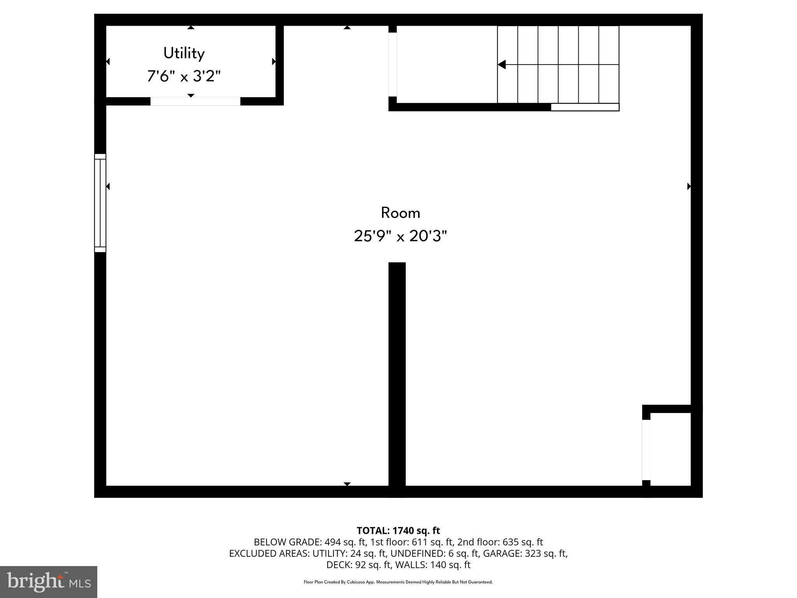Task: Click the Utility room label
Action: (x=184, y=53)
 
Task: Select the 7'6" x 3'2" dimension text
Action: (x=184, y=76)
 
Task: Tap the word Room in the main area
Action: (x=400, y=213)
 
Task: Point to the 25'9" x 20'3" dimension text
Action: (x=400, y=236)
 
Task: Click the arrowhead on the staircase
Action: (x=502, y=65)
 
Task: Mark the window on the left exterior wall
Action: (x=100, y=203)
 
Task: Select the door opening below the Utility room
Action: (x=195, y=101)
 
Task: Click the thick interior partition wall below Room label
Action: (x=397, y=374)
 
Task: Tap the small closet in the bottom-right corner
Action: (x=670, y=449)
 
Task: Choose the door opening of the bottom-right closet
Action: (x=646, y=450)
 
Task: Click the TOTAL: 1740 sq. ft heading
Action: (x=398, y=531)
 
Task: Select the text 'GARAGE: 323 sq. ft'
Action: (x=525, y=553)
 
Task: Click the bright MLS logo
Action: (x=49, y=582)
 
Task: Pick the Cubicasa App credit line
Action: (x=398, y=582)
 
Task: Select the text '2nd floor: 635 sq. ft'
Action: (x=500, y=542)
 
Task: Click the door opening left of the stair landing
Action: (x=393, y=64)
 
